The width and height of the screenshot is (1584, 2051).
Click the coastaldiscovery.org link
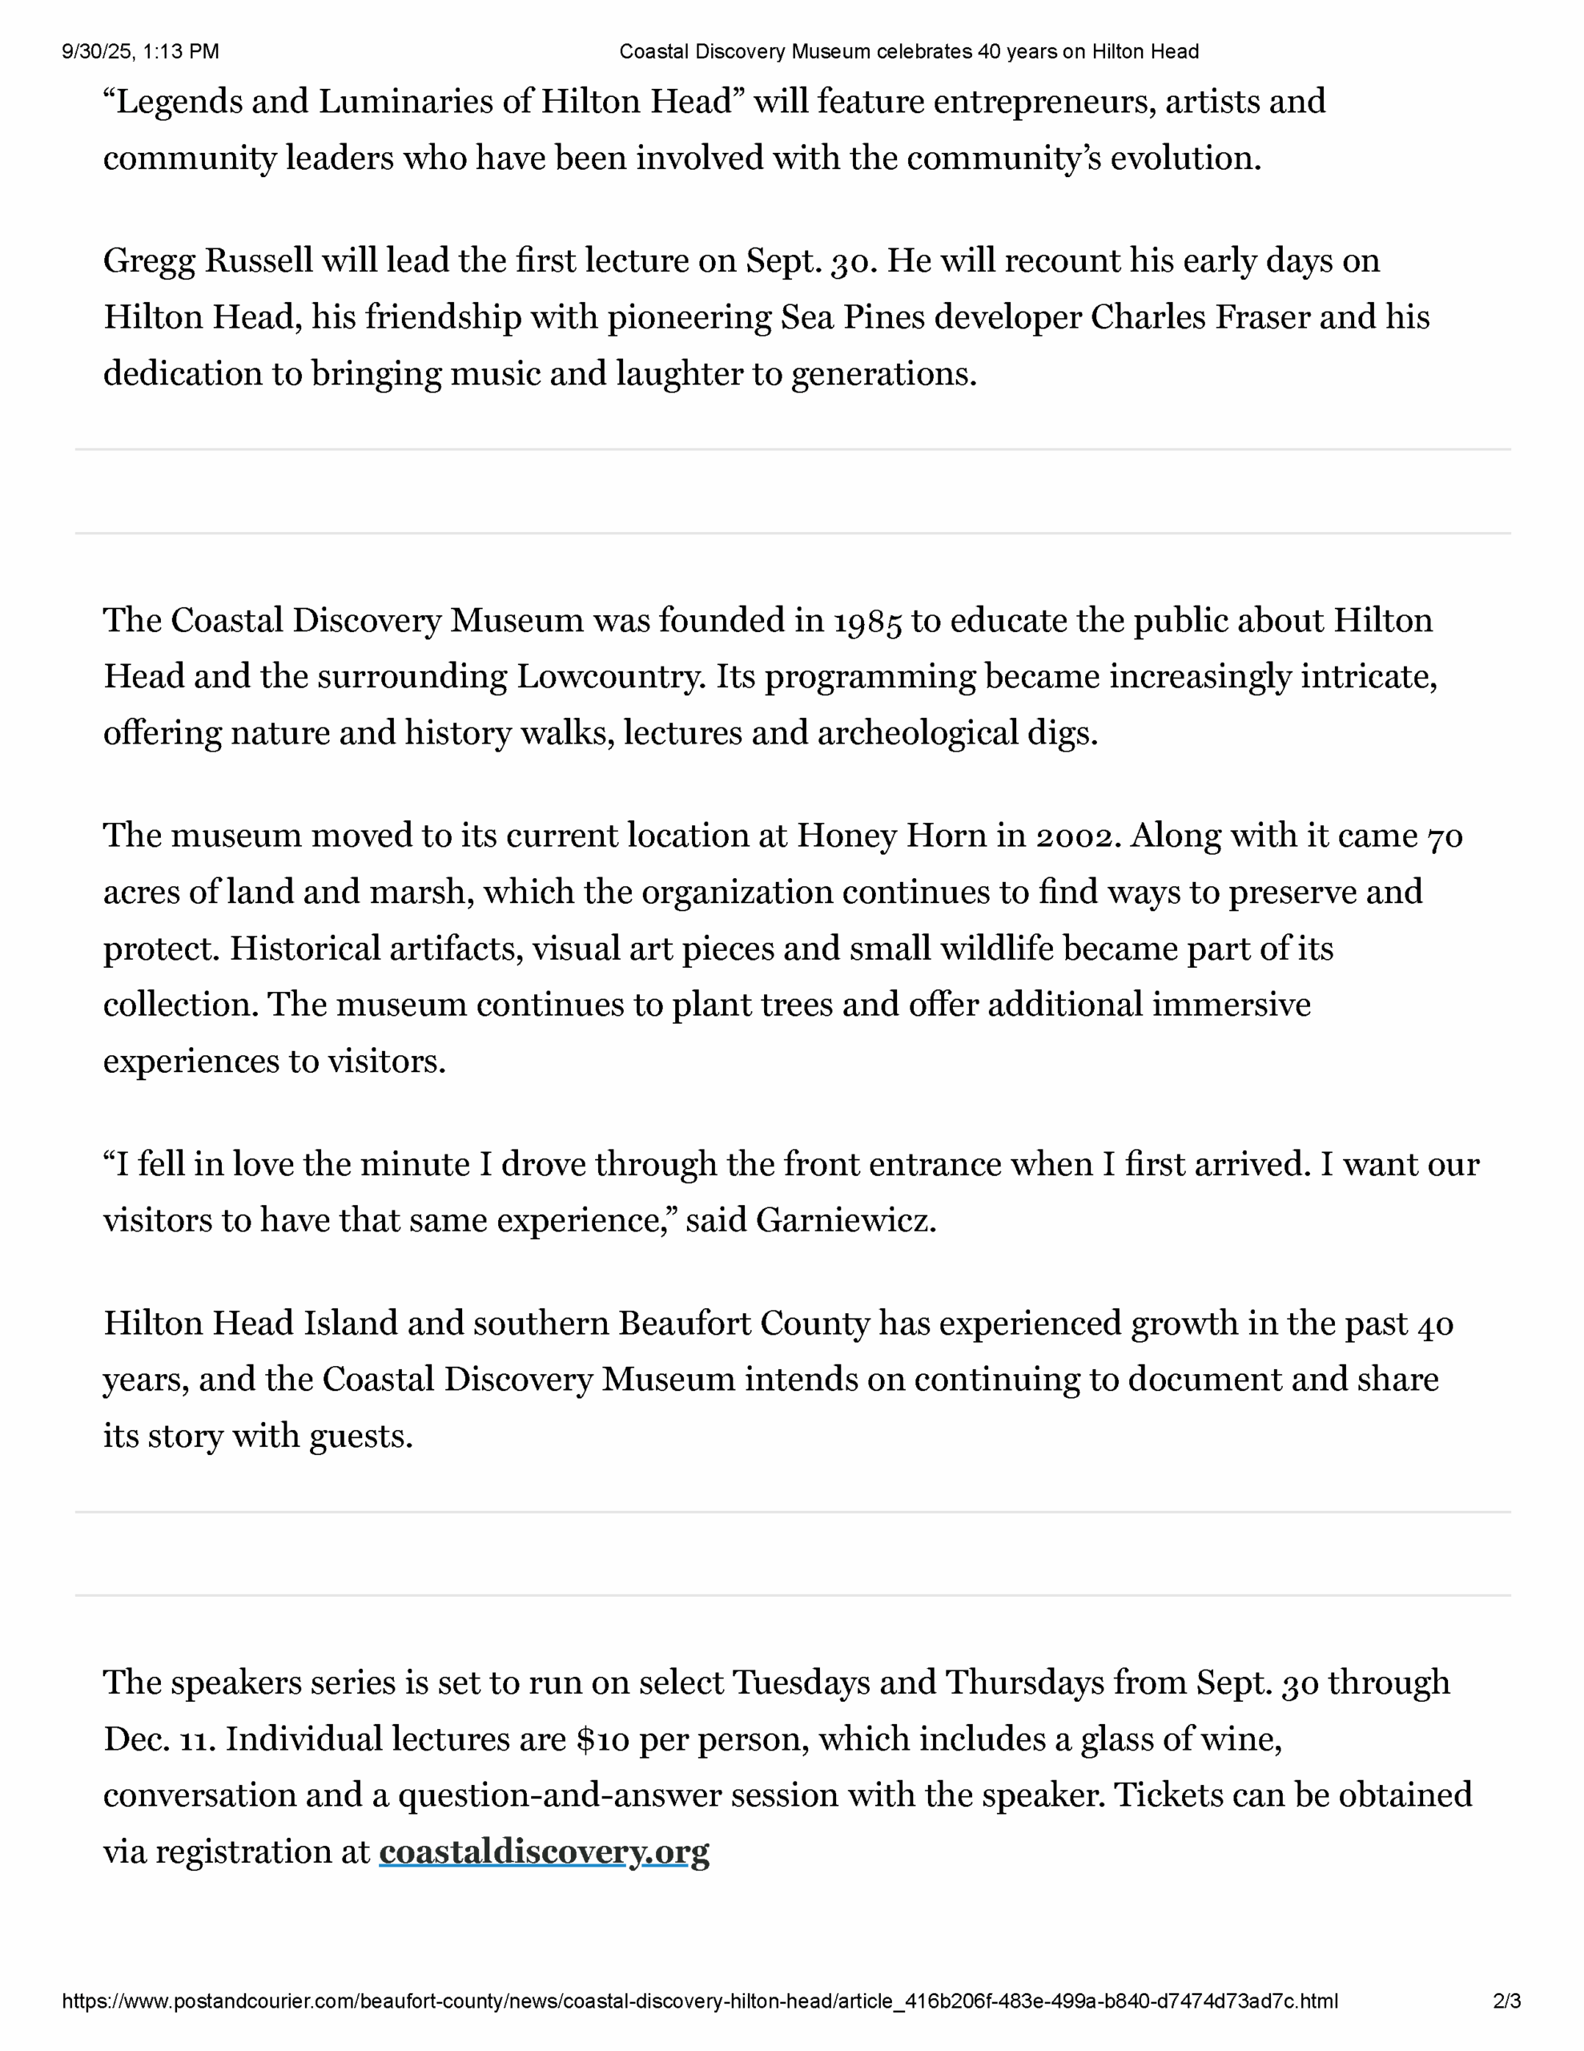[x=544, y=1852]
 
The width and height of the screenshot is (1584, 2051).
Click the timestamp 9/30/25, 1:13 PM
[x=141, y=51]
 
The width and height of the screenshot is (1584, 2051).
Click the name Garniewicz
[x=845, y=1221]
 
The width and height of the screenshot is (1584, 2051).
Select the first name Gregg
[x=149, y=262]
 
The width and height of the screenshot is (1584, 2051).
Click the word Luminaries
[x=406, y=102]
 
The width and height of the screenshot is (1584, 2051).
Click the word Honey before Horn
[x=846, y=836]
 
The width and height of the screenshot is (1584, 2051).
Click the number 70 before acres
[x=1444, y=836]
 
